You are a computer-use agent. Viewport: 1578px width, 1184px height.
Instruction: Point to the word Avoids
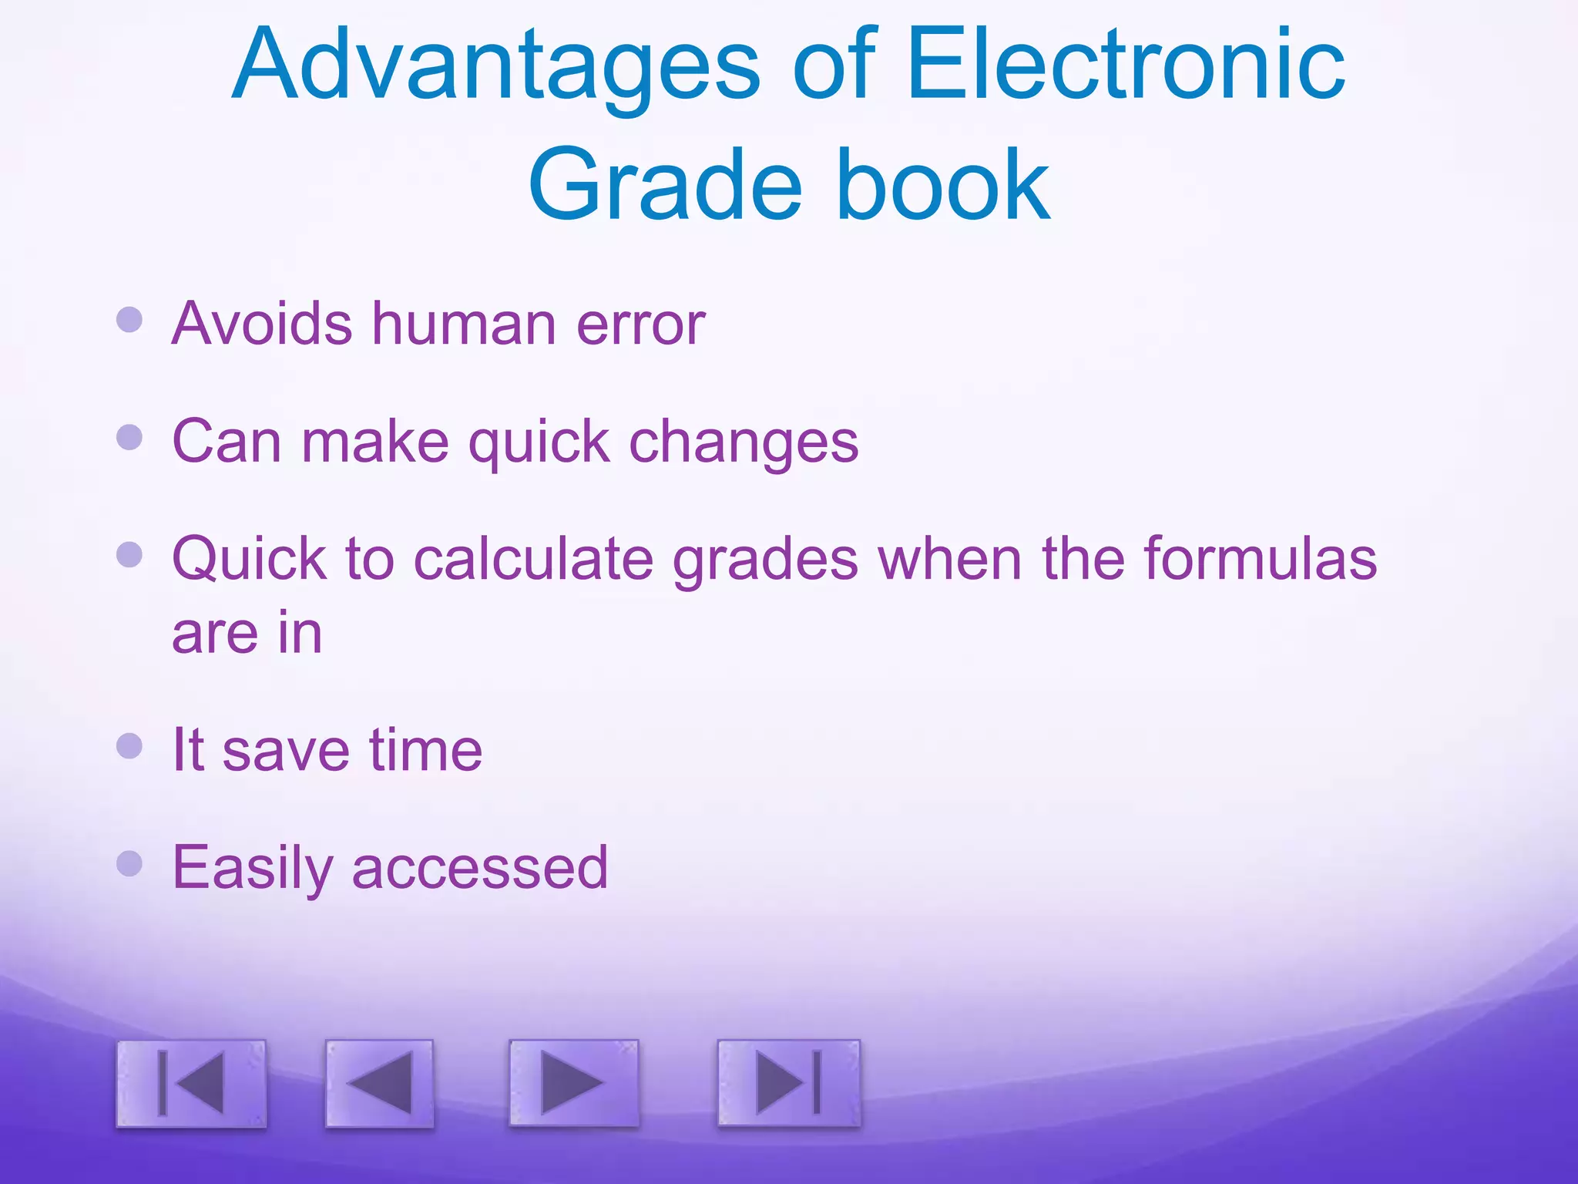coord(262,323)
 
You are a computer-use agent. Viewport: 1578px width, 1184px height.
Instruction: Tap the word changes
coord(744,443)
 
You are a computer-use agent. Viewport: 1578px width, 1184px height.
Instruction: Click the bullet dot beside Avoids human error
coord(129,319)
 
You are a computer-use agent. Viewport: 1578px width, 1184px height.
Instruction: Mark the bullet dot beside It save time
coord(129,745)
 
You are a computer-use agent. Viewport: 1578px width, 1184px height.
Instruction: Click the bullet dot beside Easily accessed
coord(129,863)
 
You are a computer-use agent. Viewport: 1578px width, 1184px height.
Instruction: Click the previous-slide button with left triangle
coord(379,1083)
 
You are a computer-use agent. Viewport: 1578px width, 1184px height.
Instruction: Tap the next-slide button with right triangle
coord(573,1082)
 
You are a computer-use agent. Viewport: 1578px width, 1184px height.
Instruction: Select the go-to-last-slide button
coord(788,1082)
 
